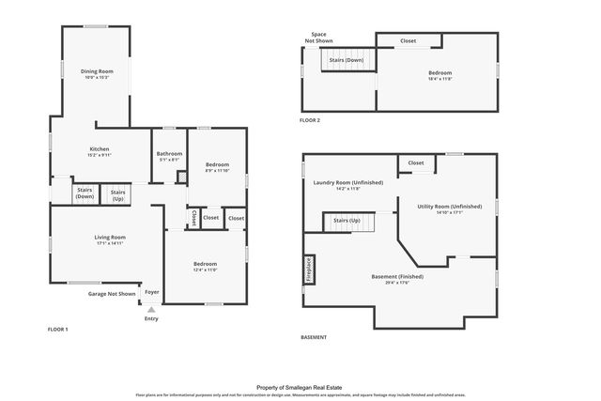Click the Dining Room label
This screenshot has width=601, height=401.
(x=97, y=71)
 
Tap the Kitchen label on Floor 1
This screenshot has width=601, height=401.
(x=100, y=149)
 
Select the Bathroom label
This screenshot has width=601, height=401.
(x=169, y=154)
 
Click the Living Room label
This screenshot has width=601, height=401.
(x=110, y=238)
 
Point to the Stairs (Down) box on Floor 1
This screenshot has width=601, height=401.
(x=85, y=193)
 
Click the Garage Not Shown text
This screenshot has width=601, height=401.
(x=113, y=294)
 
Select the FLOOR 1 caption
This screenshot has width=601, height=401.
(x=57, y=329)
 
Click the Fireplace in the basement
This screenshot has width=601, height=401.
(x=307, y=269)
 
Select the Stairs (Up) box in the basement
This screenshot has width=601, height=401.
(x=347, y=223)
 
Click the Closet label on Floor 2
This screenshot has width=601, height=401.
(x=408, y=40)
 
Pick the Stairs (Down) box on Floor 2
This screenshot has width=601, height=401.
(x=345, y=60)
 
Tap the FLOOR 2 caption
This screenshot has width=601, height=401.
(x=310, y=120)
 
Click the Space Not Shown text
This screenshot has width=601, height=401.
(x=319, y=38)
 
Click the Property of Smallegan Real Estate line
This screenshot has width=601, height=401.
(x=300, y=385)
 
